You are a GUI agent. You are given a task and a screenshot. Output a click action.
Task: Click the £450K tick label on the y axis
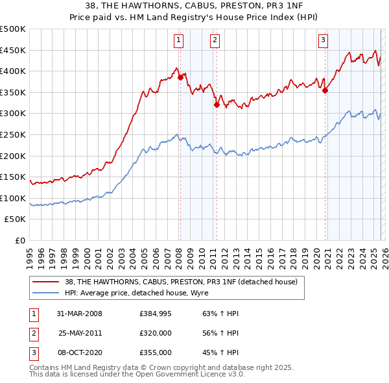13,50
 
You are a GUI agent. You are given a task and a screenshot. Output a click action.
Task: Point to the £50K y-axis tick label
15,219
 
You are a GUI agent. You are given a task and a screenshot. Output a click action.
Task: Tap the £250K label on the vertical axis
13,134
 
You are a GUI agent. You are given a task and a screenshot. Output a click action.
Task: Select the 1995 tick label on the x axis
30,254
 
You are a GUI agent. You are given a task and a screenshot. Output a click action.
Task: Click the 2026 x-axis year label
384,254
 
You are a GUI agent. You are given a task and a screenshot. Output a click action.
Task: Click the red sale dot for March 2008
181,77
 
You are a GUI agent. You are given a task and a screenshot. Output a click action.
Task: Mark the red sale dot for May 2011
217,104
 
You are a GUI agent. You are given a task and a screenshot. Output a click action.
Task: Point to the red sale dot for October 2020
325,90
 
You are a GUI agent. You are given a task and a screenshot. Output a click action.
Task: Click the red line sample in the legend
45,282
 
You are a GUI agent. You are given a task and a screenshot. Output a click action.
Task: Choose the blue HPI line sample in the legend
45,293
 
